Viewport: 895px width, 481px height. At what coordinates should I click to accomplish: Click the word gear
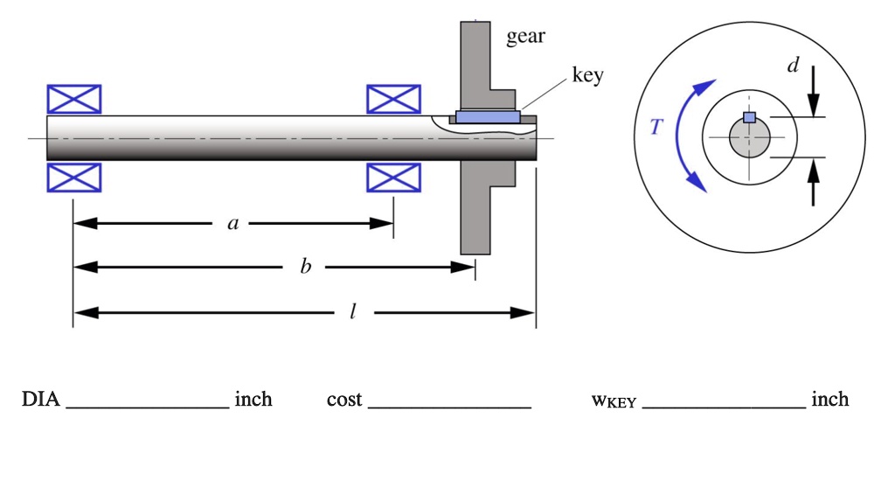tap(525, 37)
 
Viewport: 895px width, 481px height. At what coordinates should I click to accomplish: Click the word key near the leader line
tap(587, 76)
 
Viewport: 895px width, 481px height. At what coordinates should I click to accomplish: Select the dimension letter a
tap(232, 224)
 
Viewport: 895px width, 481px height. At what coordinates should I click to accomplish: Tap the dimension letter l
tap(351, 312)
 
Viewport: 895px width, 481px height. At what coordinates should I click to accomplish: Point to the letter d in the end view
tap(792, 66)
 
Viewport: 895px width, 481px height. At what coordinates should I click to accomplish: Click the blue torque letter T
tap(657, 128)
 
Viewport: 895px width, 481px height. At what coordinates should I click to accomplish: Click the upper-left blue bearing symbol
tap(73, 100)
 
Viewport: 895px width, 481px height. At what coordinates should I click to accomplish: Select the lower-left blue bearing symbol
tap(73, 178)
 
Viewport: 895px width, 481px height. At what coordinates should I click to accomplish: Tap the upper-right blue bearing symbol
tap(393, 100)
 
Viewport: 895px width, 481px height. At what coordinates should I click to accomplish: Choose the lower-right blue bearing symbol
tap(393, 178)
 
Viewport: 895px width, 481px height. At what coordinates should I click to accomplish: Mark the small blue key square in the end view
tap(749, 117)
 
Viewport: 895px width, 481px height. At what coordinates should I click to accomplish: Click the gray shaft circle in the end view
tap(749, 140)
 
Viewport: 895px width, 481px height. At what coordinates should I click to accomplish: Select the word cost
tap(343, 400)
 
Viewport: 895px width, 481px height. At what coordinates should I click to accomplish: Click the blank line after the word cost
tap(449, 404)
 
